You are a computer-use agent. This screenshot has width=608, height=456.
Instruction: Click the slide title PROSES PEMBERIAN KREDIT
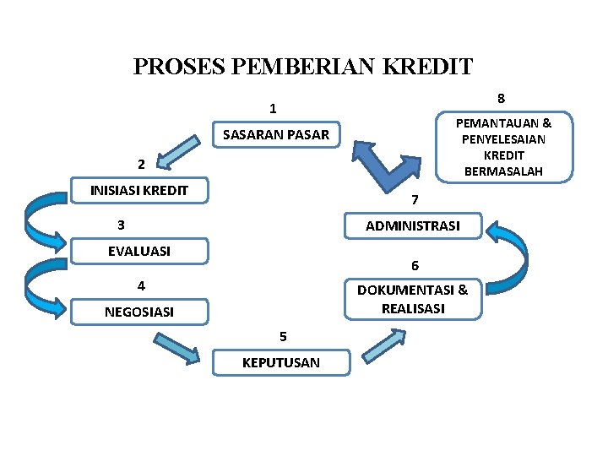tap(303, 67)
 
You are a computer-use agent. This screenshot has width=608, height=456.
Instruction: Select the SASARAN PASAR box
tap(275, 134)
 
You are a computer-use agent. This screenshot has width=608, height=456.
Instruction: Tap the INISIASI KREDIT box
tap(139, 190)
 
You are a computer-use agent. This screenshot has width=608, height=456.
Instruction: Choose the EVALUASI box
tap(139, 251)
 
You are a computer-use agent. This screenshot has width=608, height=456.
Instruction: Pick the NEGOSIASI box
tap(139, 312)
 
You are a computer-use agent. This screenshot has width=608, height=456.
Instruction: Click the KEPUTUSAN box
tap(280, 362)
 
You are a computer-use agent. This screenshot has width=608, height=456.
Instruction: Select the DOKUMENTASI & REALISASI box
tap(412, 299)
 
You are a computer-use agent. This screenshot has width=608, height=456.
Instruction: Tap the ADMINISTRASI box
tap(412, 225)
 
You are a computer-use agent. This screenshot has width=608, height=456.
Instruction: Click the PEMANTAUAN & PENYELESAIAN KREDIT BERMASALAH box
tap(503, 147)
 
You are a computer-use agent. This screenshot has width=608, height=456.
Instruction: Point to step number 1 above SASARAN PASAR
tap(273, 108)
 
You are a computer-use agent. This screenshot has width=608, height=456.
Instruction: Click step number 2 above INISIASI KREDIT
tap(141, 163)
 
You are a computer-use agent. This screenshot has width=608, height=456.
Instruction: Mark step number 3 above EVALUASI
tap(122, 225)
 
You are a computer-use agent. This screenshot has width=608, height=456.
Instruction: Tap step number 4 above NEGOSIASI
tap(141, 285)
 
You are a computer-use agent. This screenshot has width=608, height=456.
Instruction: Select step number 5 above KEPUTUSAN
tap(284, 336)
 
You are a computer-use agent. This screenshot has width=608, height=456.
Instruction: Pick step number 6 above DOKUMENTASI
tap(415, 266)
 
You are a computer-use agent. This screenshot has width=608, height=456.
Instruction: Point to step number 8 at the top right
tap(501, 98)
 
